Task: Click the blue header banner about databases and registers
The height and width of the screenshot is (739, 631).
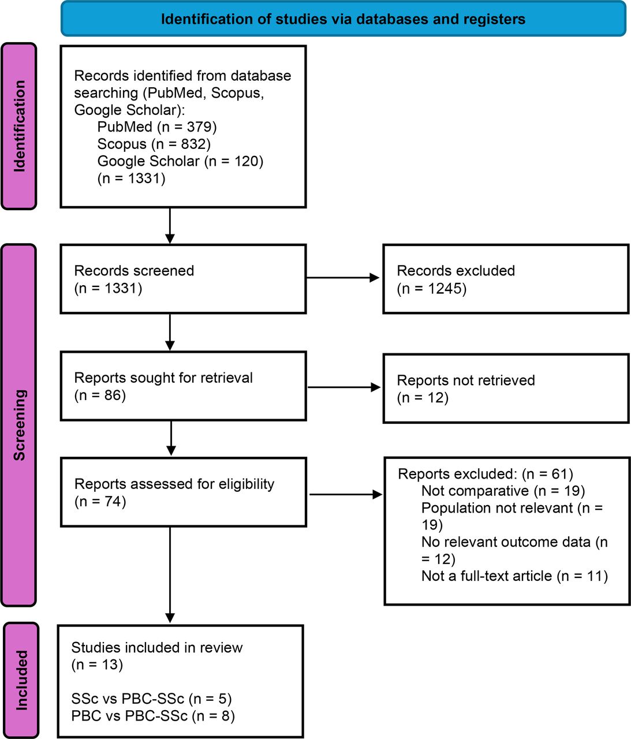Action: pos(343,18)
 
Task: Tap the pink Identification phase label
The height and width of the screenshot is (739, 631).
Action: pos(19,126)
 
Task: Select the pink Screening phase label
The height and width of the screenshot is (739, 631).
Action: pos(19,425)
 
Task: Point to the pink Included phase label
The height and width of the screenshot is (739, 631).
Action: pos(21,680)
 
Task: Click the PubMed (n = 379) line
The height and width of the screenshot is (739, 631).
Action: pos(157,127)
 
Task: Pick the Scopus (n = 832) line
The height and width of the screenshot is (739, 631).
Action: pos(154,144)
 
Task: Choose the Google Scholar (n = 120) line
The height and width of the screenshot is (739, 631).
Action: pos(180,161)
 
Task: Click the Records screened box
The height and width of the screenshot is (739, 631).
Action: pos(183,279)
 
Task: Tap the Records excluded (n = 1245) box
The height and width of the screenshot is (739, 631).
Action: pos(506,279)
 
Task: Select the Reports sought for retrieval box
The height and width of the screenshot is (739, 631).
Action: pos(184,386)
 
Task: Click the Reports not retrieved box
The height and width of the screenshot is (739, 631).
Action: pos(506,389)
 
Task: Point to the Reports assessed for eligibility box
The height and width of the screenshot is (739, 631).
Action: pos(184,492)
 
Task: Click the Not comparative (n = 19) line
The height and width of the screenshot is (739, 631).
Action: pos(503,491)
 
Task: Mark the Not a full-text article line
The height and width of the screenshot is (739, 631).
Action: pos(514,576)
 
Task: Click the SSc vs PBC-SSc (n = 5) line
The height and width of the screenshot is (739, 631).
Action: pos(151,699)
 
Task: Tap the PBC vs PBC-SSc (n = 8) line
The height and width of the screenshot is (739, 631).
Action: pos(152,716)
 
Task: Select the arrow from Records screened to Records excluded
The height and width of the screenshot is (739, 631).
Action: pos(343,278)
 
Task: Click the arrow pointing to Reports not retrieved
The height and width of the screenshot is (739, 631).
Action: pos(344,387)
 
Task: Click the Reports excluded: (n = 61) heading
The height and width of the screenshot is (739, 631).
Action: pos(486,474)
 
